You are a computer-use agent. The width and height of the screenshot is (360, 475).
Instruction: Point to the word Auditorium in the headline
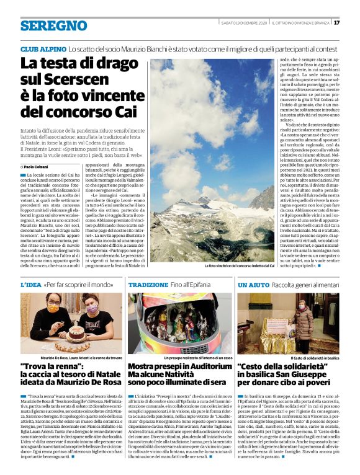pos(204,367)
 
